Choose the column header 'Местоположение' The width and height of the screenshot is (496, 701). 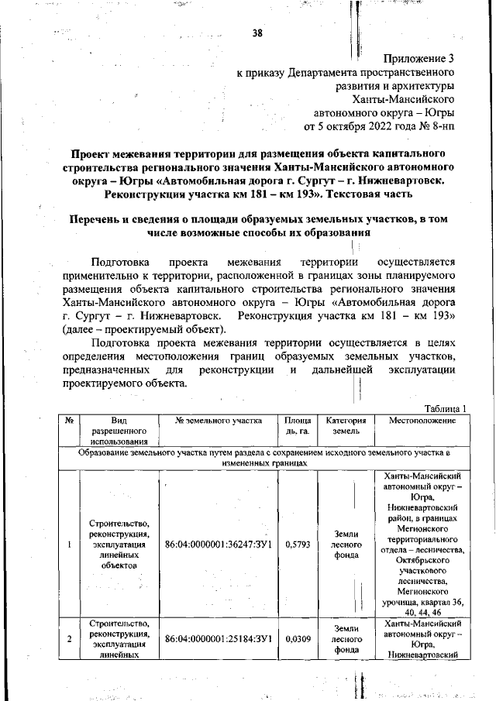tap(422, 421)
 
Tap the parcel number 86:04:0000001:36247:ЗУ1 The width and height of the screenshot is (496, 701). tap(217, 545)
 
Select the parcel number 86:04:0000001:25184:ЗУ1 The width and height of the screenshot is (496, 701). tap(217, 639)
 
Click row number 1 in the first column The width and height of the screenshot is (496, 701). tap(70, 545)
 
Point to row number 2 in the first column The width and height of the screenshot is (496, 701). tap(70, 639)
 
